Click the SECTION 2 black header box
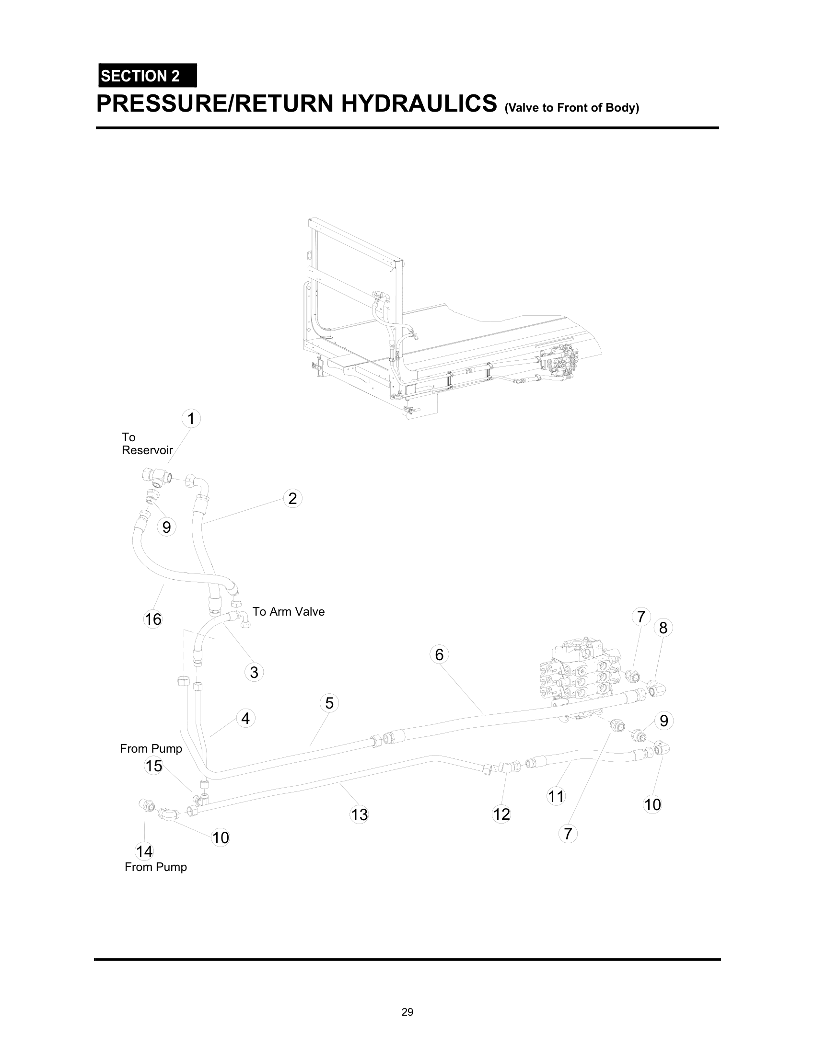[147, 76]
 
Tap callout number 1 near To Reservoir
[191, 418]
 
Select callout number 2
[292, 498]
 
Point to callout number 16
[153, 619]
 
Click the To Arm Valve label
[288, 611]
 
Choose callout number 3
[254, 672]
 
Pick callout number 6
[439, 654]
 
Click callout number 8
[663, 628]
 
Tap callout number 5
[329, 703]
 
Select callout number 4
[245, 718]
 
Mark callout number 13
[359, 814]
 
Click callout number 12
[501, 814]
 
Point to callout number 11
[556, 796]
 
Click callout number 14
[144, 852]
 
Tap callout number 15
[153, 766]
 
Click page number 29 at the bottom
[407, 1012]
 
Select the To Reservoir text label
[147, 444]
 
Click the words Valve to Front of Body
[571, 108]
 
